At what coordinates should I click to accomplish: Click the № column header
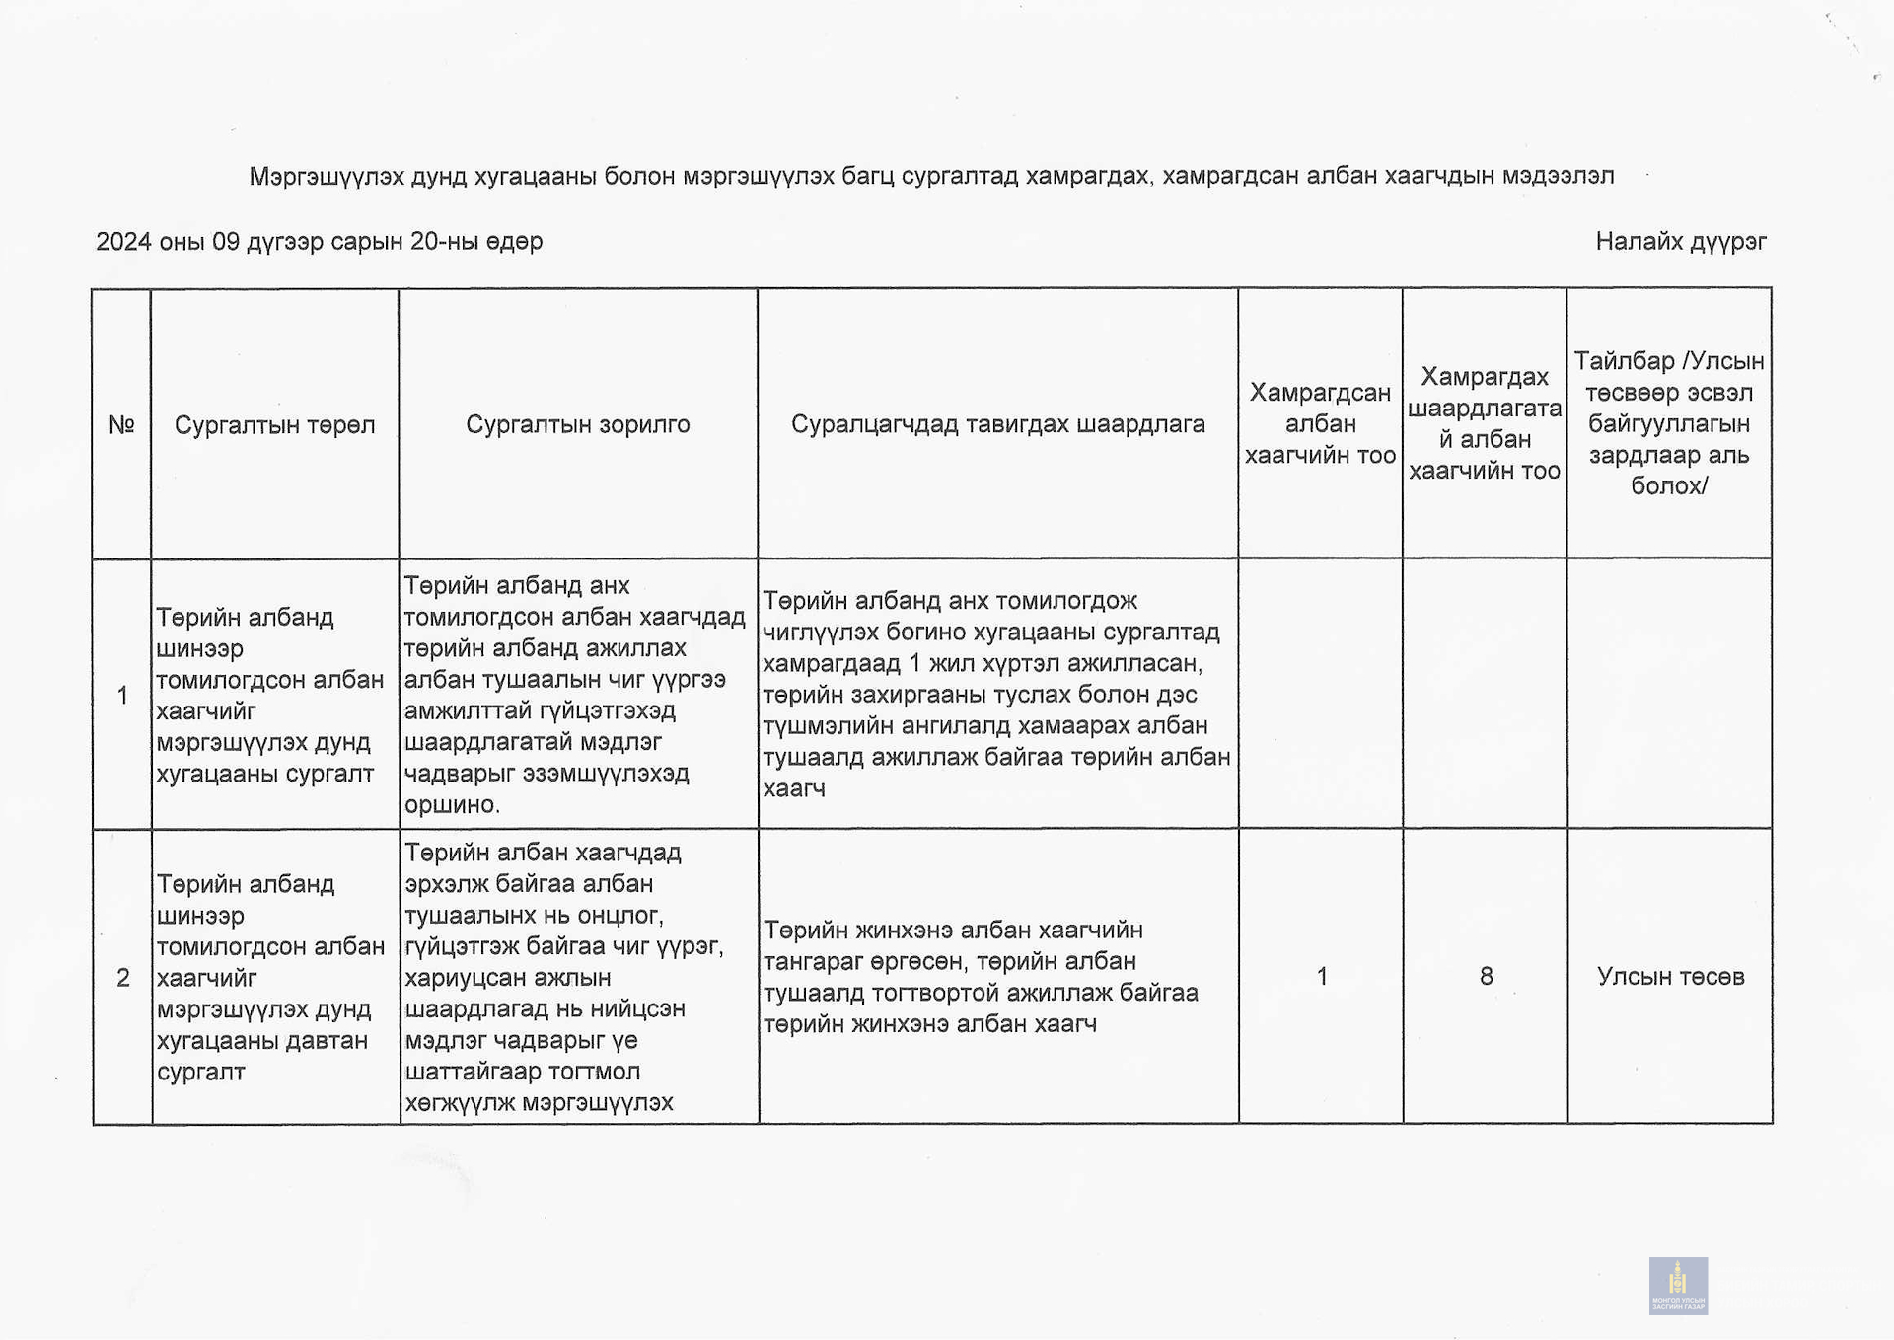pyautogui.click(x=121, y=425)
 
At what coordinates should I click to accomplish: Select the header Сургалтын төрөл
pyautogui.click(x=274, y=425)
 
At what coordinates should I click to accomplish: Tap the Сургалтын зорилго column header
pyautogui.click(x=577, y=424)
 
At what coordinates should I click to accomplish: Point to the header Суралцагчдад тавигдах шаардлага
pyautogui.click(x=997, y=424)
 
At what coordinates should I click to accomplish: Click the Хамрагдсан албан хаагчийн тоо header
pyautogui.click(x=1320, y=423)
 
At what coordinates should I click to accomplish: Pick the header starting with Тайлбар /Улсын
pyautogui.click(x=1668, y=423)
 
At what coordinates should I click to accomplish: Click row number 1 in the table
pyautogui.click(x=122, y=696)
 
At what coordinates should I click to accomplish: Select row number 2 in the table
pyautogui.click(x=122, y=977)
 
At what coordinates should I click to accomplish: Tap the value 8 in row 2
pyautogui.click(x=1486, y=976)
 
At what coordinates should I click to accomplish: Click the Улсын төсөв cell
pyautogui.click(x=1670, y=976)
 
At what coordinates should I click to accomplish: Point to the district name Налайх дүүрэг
pyautogui.click(x=1680, y=241)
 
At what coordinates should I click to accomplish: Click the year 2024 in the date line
pyautogui.click(x=122, y=242)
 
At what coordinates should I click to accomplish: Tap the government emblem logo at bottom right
pyautogui.click(x=1678, y=1285)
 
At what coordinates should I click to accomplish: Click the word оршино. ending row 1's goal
pyautogui.click(x=452, y=805)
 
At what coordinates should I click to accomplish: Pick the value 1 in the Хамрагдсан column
pyautogui.click(x=1321, y=976)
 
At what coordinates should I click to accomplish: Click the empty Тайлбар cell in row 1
pyautogui.click(x=1668, y=694)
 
